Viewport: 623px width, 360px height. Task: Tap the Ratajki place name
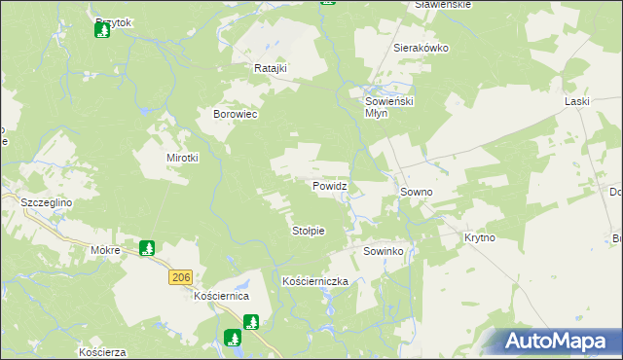268,69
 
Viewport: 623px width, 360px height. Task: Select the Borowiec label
235,114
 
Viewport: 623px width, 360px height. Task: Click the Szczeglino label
47,202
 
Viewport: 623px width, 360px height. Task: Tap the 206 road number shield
179,277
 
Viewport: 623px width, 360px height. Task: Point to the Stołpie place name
308,231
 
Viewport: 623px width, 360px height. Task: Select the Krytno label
480,237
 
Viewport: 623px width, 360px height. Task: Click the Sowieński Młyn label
389,106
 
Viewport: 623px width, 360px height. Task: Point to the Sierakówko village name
419,47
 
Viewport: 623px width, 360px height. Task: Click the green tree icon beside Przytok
101,30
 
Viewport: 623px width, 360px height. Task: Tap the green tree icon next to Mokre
147,249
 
